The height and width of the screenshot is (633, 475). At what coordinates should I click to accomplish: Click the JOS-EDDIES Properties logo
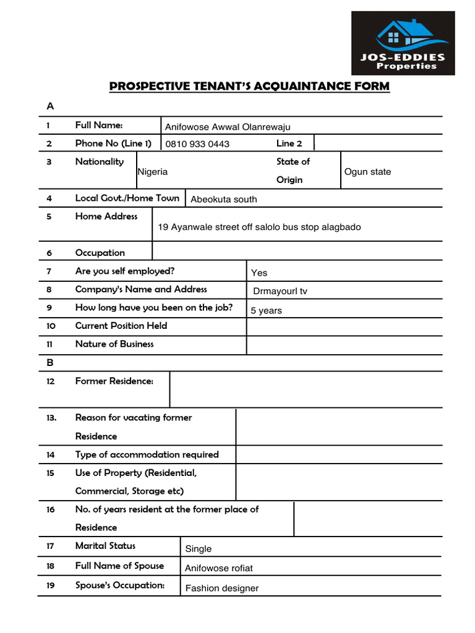pyautogui.click(x=403, y=43)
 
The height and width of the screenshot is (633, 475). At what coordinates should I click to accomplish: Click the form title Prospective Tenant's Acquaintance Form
pyautogui.click(x=249, y=86)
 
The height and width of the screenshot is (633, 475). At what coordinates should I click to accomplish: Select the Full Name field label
pyautogui.click(x=99, y=125)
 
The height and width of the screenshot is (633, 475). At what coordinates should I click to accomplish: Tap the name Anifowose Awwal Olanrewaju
pyautogui.click(x=227, y=127)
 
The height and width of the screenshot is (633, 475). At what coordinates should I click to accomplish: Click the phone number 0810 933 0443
pyautogui.click(x=197, y=144)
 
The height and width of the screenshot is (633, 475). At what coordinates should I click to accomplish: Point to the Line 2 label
pyautogui.click(x=289, y=143)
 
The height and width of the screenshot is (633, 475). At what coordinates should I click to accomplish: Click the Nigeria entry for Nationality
pyautogui.click(x=153, y=172)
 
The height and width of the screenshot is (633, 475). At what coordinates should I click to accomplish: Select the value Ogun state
pyautogui.click(x=367, y=172)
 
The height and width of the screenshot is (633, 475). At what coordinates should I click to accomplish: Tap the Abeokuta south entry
pyautogui.click(x=223, y=199)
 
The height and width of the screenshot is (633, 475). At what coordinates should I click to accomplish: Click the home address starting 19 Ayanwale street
pyautogui.click(x=259, y=227)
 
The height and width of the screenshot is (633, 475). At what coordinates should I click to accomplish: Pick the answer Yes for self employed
pyautogui.click(x=259, y=273)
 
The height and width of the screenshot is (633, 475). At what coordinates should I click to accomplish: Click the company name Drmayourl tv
pyautogui.click(x=280, y=291)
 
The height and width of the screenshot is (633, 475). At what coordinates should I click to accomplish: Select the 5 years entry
pyautogui.click(x=266, y=310)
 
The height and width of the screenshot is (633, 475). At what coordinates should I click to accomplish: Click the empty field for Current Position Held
pyautogui.click(x=344, y=326)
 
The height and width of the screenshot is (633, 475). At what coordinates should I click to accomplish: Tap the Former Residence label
pyautogui.click(x=114, y=381)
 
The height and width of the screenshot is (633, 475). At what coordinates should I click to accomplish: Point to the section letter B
pyautogui.click(x=50, y=363)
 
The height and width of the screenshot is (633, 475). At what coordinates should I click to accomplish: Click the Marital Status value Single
pyautogui.click(x=198, y=549)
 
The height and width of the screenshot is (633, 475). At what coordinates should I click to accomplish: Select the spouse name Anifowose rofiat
pyautogui.click(x=218, y=568)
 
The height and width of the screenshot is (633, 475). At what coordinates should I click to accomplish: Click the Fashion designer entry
pyautogui.click(x=221, y=588)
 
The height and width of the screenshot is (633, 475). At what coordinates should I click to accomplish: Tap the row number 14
pyautogui.click(x=51, y=455)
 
